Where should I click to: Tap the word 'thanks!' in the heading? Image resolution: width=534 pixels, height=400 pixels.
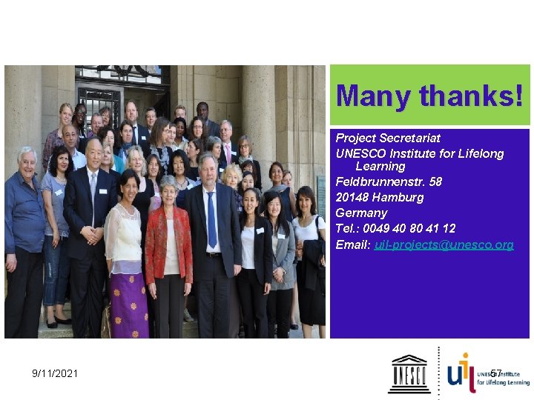(471, 96)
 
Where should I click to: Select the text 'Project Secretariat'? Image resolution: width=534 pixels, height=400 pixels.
(388, 139)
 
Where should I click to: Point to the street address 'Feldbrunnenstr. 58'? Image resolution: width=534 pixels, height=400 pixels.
(389, 182)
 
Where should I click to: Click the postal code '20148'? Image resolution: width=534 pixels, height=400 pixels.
(352, 198)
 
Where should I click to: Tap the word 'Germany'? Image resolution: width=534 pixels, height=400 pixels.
(361, 213)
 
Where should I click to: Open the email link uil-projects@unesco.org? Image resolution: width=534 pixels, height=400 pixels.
(444, 245)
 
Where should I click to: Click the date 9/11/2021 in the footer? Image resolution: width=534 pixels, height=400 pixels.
(55, 374)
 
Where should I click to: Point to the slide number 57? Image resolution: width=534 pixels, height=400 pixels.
(495, 374)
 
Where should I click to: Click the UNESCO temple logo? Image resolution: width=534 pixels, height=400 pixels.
(409, 373)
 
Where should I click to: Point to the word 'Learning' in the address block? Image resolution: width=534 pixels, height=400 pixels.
(380, 167)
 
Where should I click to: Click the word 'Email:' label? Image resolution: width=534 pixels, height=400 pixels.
(353, 245)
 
